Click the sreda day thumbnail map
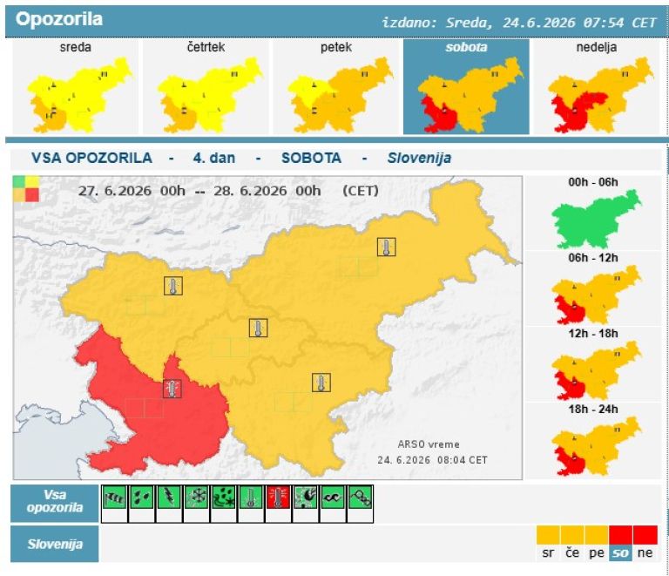pos(80,95)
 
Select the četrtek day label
pos(206,47)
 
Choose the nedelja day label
pos(597,47)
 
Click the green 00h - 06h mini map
pos(596,220)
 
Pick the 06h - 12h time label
pos(593,258)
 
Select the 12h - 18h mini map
pos(596,370)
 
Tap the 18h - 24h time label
pos(593,410)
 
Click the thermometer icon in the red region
pos(172,389)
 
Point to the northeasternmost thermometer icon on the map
pos(386,247)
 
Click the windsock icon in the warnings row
pos(114,497)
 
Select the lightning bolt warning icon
pos(169,497)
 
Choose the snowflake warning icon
pos(196,497)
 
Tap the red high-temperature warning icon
pos(278,497)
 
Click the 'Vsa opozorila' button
pos(55,503)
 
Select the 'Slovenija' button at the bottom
pos(55,544)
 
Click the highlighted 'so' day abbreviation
pos(620,553)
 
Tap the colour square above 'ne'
pos(645,535)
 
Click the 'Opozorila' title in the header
pos(59,19)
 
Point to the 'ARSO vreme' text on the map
pos(429,444)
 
